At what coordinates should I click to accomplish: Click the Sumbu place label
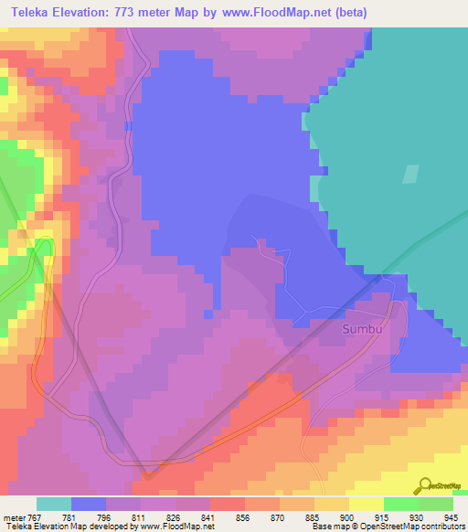click(360, 327)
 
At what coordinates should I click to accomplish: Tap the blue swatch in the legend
click(88, 504)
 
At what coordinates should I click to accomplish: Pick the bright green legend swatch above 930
click(400, 504)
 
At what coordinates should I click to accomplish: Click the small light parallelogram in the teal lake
click(410, 176)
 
